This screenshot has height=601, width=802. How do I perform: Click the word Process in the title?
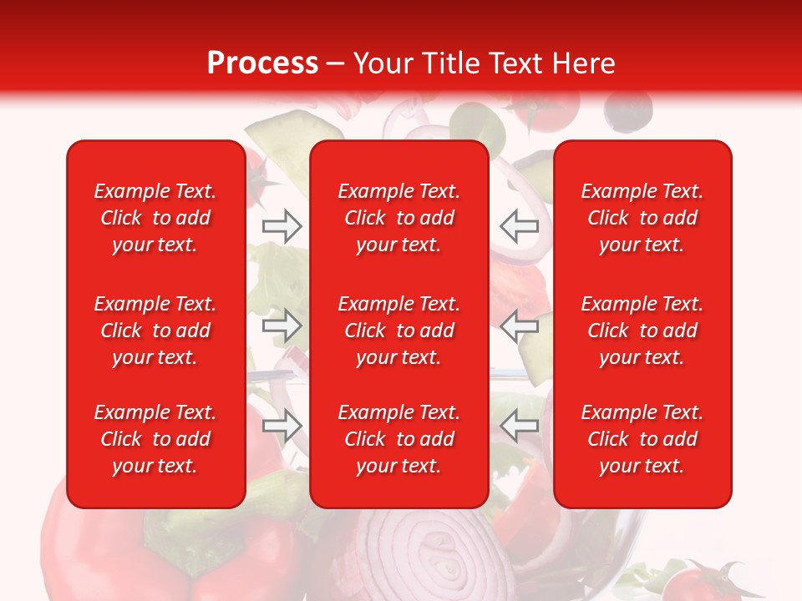(262, 63)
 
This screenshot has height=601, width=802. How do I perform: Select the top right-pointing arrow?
(282, 226)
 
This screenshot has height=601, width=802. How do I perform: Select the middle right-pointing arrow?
(282, 326)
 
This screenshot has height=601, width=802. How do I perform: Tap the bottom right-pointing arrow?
(282, 426)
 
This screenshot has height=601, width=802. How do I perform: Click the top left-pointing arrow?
(519, 226)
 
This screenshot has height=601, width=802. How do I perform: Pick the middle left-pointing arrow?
(519, 326)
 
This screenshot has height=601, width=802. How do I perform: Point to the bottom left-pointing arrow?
(519, 426)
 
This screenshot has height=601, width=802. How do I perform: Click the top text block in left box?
(155, 218)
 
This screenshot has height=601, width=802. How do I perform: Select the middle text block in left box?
(155, 331)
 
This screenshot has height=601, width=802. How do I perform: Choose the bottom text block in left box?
(155, 439)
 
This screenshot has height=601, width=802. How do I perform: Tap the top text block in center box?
(399, 218)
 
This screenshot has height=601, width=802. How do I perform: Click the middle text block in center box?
(399, 331)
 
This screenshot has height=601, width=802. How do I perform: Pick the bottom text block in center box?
(399, 439)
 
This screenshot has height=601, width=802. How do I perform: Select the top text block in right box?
(642, 218)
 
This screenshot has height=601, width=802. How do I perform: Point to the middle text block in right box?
(642, 331)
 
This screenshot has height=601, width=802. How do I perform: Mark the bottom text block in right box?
(642, 439)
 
